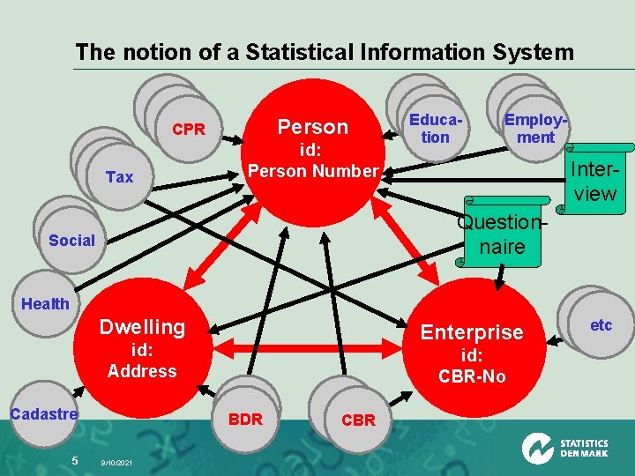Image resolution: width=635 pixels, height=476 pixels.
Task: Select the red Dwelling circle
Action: click(x=141, y=348)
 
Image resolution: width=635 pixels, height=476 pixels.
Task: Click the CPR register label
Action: click(x=188, y=130)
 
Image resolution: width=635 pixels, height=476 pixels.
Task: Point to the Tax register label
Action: click(x=119, y=177)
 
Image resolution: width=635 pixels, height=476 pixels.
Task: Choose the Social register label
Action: click(x=71, y=240)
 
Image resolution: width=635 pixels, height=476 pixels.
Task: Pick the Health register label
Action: click(x=45, y=304)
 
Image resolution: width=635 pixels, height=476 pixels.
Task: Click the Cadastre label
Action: click(x=44, y=413)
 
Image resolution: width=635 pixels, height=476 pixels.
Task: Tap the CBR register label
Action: click(x=357, y=420)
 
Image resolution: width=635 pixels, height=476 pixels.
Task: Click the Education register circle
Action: click(x=435, y=128)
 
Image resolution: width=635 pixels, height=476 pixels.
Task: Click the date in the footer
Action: click(x=117, y=461)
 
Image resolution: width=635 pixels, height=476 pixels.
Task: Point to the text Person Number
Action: click(x=313, y=171)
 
